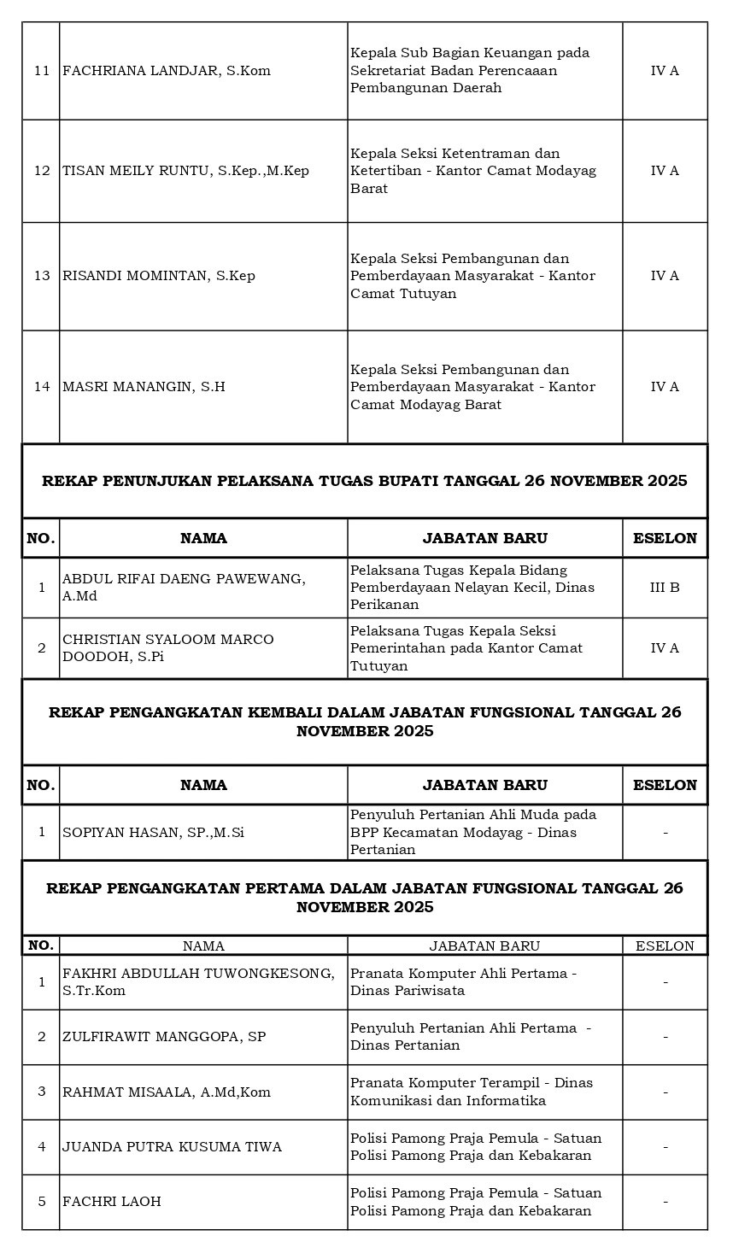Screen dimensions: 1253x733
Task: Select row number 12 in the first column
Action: click(x=42, y=171)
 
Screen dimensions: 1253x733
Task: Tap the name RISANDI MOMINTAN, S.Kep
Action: click(x=158, y=276)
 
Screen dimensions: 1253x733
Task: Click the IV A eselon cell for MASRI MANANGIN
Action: click(x=665, y=387)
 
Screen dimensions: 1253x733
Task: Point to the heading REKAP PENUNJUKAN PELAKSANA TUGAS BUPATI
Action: click(x=365, y=482)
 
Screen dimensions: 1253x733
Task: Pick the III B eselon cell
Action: click(x=665, y=588)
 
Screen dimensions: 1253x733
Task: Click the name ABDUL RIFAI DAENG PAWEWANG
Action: click(x=183, y=587)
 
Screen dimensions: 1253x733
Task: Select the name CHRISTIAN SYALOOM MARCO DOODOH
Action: click(x=167, y=647)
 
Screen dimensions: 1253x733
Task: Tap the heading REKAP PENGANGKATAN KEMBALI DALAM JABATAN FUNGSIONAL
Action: click(x=365, y=722)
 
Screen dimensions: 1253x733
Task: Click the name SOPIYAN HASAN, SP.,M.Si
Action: click(x=153, y=832)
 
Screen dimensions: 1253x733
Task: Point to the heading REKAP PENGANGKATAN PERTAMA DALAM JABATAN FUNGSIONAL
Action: click(x=365, y=898)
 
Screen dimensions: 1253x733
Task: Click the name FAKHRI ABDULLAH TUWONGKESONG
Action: click(x=197, y=981)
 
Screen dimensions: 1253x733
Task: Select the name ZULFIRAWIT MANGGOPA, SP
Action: click(x=163, y=1037)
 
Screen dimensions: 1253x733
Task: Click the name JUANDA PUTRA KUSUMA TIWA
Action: click(x=172, y=1146)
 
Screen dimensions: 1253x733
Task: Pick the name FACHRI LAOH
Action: click(x=112, y=1201)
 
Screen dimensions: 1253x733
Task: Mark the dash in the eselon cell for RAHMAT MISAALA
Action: click(x=665, y=1092)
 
